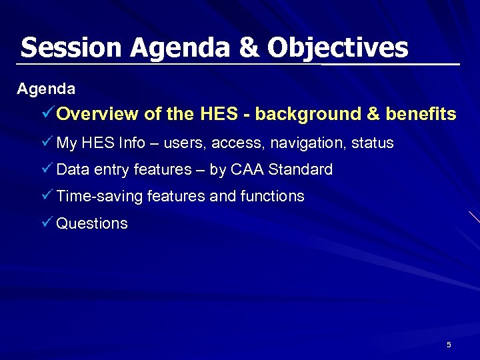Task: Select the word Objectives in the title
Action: coord(338,48)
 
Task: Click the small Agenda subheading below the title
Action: coord(46,88)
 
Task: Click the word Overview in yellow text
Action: coord(98,114)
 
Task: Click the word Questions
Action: coord(92,223)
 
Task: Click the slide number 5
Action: coord(449,345)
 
